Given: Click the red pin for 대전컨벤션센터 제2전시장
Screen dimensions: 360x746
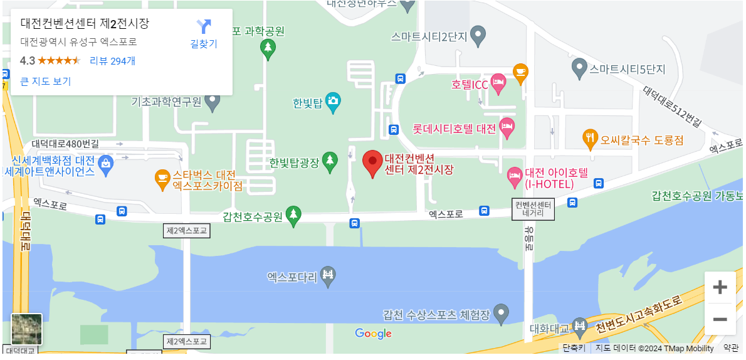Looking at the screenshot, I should (372, 163).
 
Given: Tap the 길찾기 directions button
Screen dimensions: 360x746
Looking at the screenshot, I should (204, 34).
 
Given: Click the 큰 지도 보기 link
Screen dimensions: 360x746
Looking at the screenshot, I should (46, 82).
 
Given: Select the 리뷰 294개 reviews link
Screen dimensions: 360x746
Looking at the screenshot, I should (112, 61).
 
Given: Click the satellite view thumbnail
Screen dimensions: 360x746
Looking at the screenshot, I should (27, 329).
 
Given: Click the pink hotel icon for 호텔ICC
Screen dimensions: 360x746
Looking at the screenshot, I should (498, 84).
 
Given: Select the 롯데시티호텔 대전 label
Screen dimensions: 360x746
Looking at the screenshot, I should (454, 129).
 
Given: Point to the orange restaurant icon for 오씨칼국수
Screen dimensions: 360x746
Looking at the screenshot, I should (590, 139).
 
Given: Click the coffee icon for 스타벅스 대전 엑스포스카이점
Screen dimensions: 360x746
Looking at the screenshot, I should (162, 179).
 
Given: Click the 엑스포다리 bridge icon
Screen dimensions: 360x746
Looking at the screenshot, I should (328, 275).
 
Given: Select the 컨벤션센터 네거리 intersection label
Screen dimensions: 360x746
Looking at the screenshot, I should (533, 209).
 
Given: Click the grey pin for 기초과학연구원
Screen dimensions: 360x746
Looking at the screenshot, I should (213, 101).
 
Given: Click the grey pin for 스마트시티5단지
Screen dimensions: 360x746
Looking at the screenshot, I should (579, 68).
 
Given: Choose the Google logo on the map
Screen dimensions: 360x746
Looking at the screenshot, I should (373, 334).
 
